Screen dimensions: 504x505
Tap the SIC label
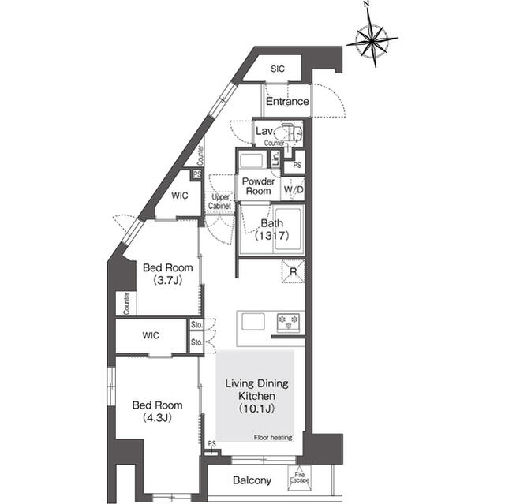(x=277, y=69)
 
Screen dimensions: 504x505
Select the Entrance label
(x=287, y=102)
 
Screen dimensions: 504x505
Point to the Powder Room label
(x=258, y=186)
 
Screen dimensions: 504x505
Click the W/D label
(x=294, y=190)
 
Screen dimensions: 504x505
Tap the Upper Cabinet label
(x=220, y=202)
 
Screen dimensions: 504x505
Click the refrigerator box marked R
(x=293, y=274)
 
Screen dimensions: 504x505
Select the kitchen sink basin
(x=255, y=322)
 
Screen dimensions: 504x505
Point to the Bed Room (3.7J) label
(x=166, y=274)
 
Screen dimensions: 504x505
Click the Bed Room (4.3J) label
(x=156, y=410)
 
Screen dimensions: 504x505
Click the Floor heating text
(x=273, y=437)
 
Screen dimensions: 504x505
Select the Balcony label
(x=252, y=480)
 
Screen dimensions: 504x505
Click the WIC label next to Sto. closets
(x=151, y=335)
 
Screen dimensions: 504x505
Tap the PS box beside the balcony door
(x=211, y=445)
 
